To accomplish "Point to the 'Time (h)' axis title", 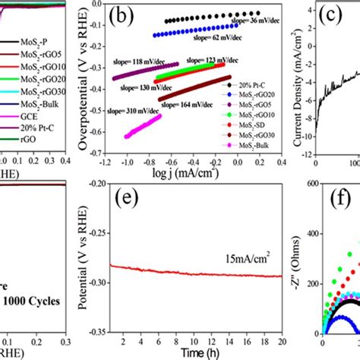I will pos(198,354).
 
